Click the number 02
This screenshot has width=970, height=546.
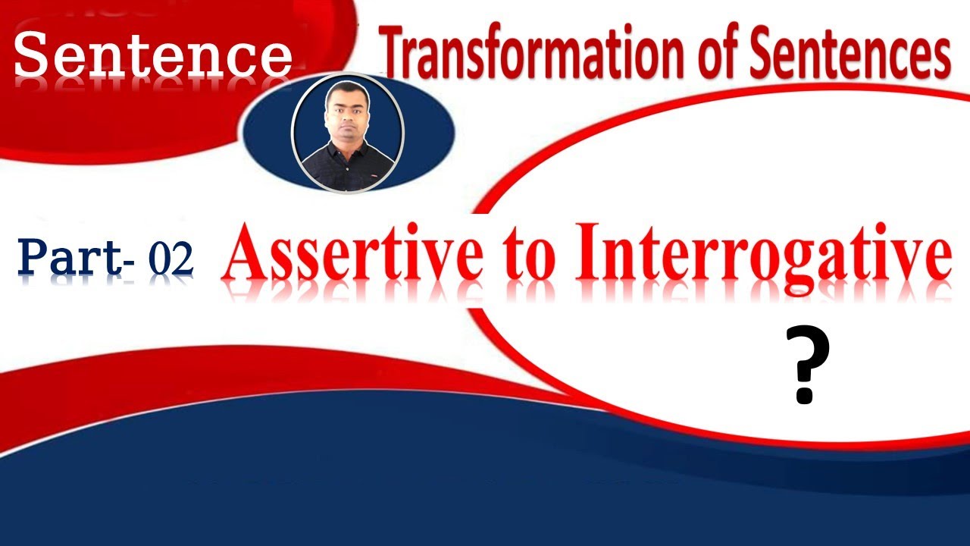click(x=171, y=259)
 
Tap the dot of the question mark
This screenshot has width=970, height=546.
click(x=805, y=396)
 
